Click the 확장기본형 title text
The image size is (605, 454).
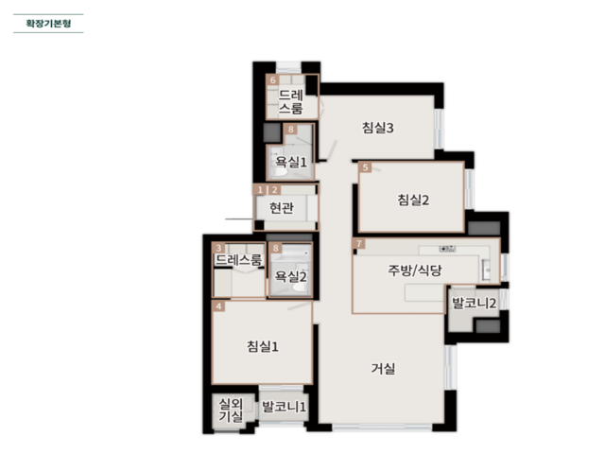(x=48, y=23)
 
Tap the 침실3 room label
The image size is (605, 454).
(x=378, y=128)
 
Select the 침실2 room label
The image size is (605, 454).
(x=413, y=200)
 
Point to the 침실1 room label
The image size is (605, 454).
(x=263, y=346)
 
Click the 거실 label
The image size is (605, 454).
(x=383, y=368)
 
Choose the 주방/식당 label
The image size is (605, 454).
(x=415, y=270)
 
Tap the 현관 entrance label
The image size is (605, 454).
(x=282, y=208)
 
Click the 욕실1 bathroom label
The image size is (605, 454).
(x=291, y=162)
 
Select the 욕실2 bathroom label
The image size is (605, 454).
(x=290, y=276)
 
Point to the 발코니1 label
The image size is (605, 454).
(x=284, y=407)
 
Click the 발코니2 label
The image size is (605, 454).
(x=474, y=303)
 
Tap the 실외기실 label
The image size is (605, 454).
(x=231, y=410)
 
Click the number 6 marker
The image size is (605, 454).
(x=273, y=80)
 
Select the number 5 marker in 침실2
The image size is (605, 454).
(x=365, y=167)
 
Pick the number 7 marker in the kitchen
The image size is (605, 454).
(x=359, y=244)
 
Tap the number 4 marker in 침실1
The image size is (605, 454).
(x=218, y=306)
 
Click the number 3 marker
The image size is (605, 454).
(x=218, y=248)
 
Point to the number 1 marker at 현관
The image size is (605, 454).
(x=260, y=189)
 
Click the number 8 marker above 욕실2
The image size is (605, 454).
(x=275, y=248)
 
